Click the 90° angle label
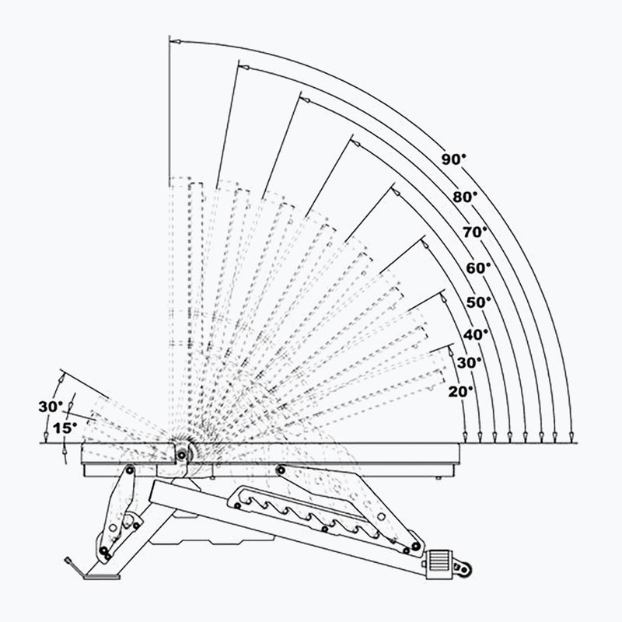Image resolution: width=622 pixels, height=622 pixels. [454, 159]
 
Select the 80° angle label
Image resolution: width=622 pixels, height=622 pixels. [465, 197]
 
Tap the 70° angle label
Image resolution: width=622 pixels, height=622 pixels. [474, 232]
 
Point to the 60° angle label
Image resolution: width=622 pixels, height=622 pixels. [478, 267]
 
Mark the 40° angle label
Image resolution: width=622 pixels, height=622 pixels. [476, 334]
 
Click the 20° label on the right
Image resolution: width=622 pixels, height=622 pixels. [460, 392]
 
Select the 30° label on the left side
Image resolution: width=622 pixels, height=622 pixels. [50, 406]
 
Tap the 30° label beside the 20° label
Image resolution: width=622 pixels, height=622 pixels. [470, 362]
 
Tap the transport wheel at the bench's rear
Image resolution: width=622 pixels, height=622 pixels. [466, 570]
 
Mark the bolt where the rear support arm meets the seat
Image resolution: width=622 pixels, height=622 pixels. [280, 469]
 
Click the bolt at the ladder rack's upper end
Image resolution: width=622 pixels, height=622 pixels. [234, 506]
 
